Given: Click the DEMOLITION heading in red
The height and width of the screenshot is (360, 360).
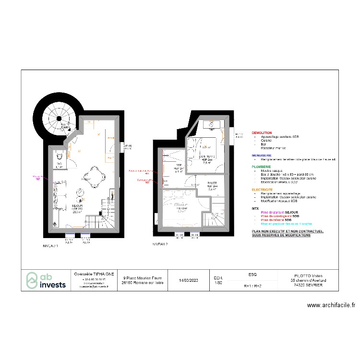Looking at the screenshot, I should tap(262, 133).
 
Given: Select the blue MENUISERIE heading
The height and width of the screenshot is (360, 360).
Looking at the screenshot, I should tap(262, 156).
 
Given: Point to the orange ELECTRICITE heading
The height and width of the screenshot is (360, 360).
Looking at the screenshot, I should tap(263, 190).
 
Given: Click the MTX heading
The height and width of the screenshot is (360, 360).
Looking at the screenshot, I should tap(255, 209).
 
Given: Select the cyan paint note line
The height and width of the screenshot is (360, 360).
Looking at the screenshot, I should tap(286, 224).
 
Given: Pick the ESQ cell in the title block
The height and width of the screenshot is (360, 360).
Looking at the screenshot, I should tap(252, 275).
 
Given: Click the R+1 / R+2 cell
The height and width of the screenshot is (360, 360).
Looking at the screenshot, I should tap(252, 286).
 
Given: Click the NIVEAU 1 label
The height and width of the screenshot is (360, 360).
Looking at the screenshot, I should tap(51, 245).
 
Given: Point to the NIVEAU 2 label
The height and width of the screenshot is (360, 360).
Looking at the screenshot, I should tap(160, 244).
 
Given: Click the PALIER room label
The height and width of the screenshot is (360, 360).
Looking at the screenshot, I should tap(212, 184).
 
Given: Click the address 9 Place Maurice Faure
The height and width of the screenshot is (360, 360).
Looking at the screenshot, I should tap(143, 277).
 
